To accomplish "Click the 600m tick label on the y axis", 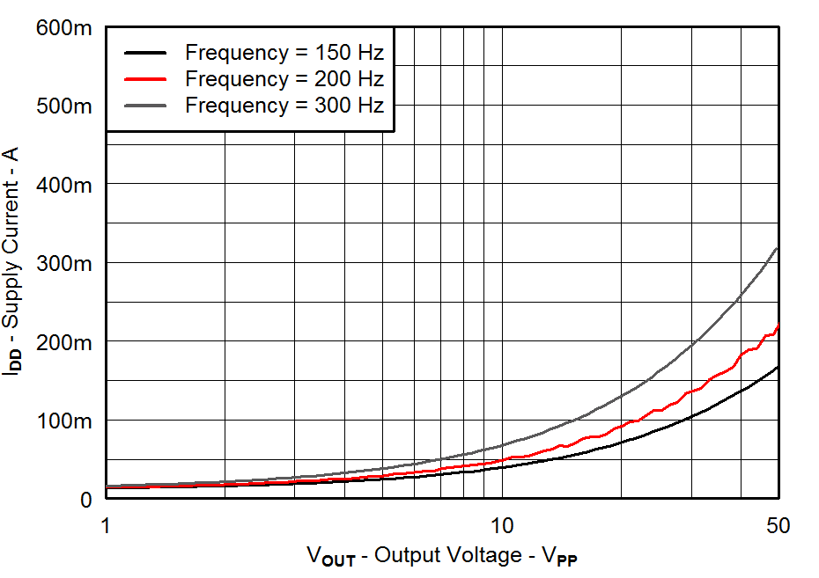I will [64, 28].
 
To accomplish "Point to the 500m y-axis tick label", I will [64, 106].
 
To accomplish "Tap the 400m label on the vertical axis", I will [64, 185].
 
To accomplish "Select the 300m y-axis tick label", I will [64, 263].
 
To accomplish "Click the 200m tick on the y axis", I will [64, 341].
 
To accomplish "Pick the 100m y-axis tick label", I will [64, 421].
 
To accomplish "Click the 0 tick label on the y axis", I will [85, 499].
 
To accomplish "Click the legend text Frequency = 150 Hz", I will [284, 52].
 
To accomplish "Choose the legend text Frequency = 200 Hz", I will [284, 78].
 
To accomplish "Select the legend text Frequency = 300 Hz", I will [284, 106].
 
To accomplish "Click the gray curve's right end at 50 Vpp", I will [777, 249].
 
